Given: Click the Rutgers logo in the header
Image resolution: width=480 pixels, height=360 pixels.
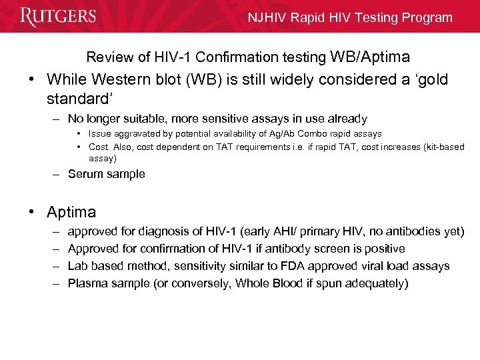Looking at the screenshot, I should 59,16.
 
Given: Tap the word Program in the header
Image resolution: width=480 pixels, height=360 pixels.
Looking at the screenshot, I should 426,18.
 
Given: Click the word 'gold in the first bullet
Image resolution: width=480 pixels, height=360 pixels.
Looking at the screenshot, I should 431,79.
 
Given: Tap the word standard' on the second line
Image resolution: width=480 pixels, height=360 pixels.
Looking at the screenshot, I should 75,99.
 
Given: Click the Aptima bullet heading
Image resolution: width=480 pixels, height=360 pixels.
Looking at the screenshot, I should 71,212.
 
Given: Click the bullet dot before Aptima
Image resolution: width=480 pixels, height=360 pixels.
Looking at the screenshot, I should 31,212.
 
